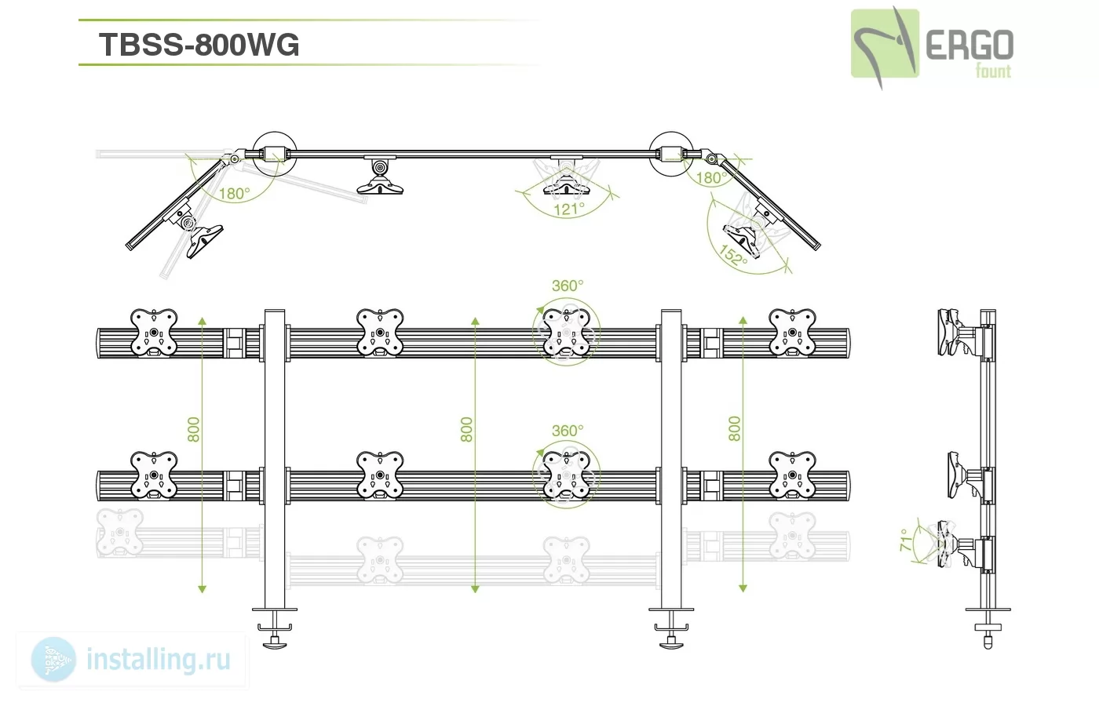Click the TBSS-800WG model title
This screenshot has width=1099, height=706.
(x=199, y=45)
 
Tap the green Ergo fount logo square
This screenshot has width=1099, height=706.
(x=885, y=43)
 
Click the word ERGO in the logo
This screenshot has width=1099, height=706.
(x=969, y=45)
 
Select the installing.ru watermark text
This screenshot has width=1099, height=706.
(x=159, y=660)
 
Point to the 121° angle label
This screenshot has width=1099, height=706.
(x=569, y=210)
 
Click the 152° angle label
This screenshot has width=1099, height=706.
(x=733, y=256)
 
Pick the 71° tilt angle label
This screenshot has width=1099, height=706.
(x=907, y=540)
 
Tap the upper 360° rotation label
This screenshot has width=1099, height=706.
(x=568, y=286)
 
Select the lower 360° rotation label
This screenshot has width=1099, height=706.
(x=568, y=431)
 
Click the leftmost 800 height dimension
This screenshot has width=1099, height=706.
(x=194, y=430)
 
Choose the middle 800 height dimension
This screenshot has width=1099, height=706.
(x=466, y=430)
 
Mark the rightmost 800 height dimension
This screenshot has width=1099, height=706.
(x=735, y=428)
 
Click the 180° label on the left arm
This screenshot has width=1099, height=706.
(x=234, y=194)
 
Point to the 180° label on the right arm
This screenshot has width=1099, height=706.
(x=711, y=178)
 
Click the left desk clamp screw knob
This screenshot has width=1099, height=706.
(x=275, y=642)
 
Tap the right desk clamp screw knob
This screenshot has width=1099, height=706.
(x=671, y=642)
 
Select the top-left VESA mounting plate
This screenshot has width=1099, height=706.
(x=154, y=333)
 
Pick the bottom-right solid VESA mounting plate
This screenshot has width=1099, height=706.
(x=792, y=475)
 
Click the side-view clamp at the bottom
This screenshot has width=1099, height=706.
(x=988, y=628)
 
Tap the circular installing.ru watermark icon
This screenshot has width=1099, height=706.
(x=53, y=660)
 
